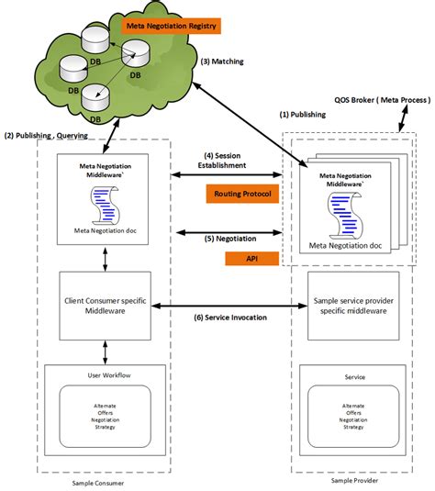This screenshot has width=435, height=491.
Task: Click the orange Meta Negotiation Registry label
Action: (171, 26)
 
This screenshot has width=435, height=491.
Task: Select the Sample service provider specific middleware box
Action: (351, 305)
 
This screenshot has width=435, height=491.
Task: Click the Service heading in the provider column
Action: (352, 375)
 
